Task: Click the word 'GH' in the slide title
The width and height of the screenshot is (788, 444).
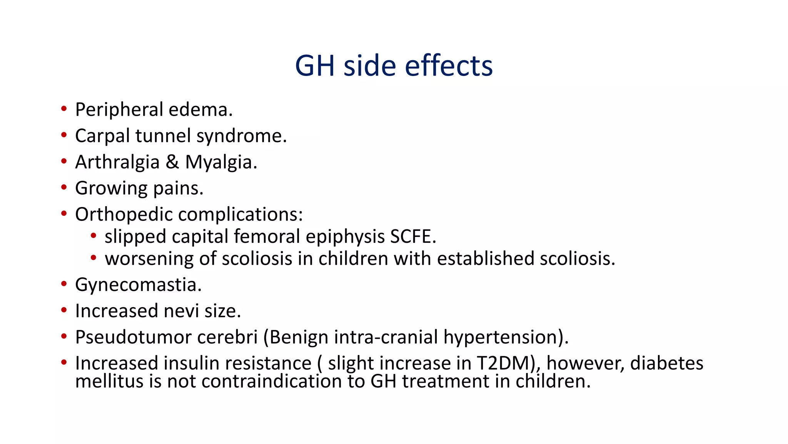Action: (314, 66)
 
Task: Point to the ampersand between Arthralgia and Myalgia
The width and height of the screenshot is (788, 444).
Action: (172, 162)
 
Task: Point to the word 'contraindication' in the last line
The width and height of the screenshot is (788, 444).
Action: (272, 382)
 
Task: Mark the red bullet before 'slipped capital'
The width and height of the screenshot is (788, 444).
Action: (93, 236)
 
